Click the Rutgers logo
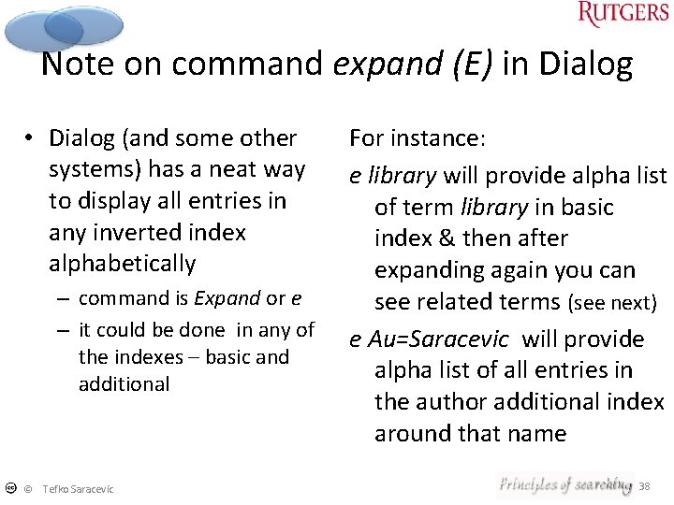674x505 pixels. (622, 15)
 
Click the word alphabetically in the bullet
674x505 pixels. (122, 264)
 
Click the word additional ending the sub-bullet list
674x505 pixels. (124, 383)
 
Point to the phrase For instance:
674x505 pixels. (418, 138)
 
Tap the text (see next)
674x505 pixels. (613, 303)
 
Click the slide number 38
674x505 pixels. (644, 486)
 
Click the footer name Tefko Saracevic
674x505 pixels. (78, 489)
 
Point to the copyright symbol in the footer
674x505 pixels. (28, 489)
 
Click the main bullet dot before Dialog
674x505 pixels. (31, 138)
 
